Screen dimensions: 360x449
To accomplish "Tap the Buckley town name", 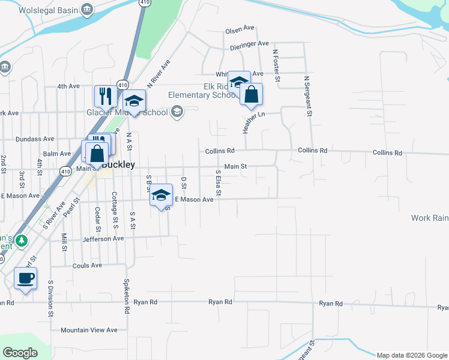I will (118, 164).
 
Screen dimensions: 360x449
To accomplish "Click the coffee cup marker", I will (25, 278).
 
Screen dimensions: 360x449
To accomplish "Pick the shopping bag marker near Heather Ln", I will (251, 94).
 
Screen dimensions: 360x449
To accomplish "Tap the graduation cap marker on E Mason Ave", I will (161, 195).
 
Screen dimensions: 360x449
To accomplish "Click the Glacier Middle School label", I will (136, 112).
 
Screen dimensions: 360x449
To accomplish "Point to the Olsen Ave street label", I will (240, 31).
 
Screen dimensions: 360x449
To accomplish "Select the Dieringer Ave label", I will (249, 44).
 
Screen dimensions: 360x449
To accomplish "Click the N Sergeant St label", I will (309, 96).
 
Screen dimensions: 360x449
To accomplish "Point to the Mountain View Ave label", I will (89, 330).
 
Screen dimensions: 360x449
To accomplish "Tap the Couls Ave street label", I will (88, 265).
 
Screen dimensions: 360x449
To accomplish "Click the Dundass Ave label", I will (36, 139).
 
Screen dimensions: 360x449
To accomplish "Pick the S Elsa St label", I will (218, 185).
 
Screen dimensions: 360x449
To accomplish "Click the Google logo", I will (20, 352).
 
